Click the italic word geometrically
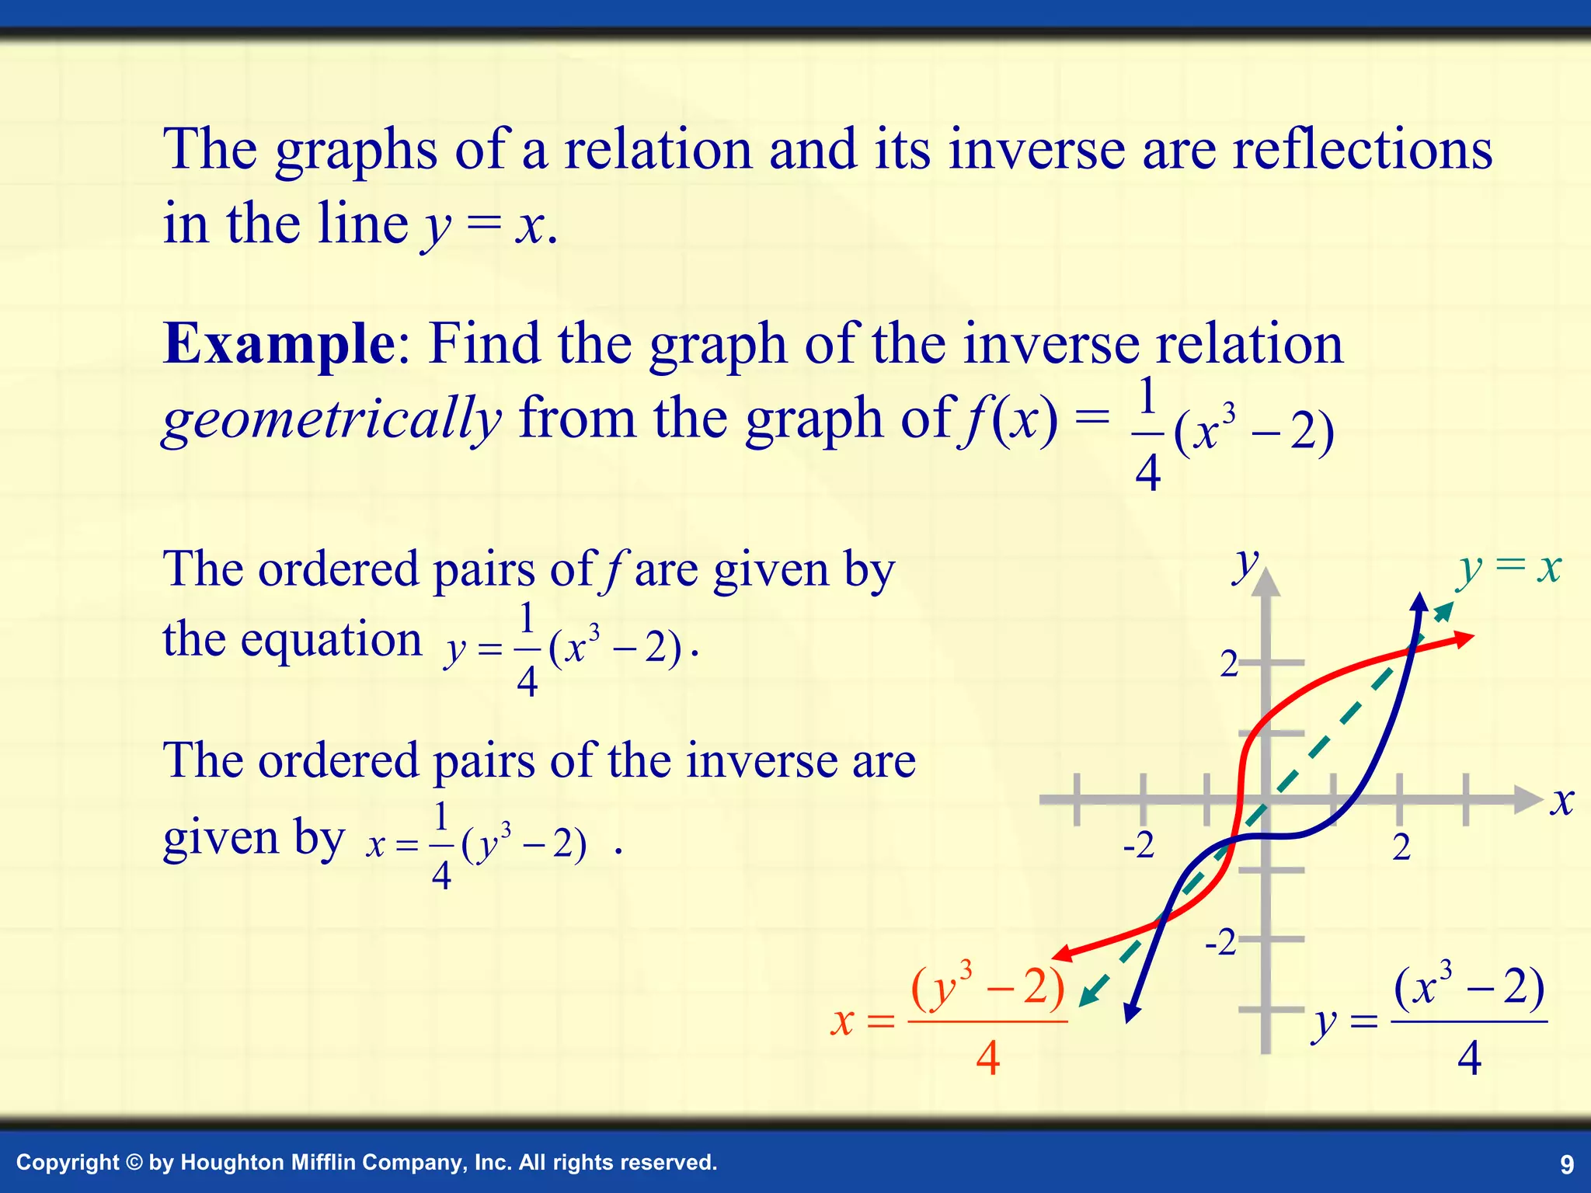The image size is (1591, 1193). click(332, 420)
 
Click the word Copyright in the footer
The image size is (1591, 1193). click(68, 1163)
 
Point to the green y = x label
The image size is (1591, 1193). click(1509, 569)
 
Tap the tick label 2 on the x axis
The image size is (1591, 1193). click(1401, 847)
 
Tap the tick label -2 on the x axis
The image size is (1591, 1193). click(1139, 846)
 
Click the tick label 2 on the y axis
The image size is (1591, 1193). click(1228, 665)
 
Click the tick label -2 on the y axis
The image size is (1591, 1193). click(1220, 943)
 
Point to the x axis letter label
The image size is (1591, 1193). click(1561, 802)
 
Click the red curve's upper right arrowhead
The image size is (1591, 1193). click(1465, 638)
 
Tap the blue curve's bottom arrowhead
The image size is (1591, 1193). click(1132, 1013)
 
